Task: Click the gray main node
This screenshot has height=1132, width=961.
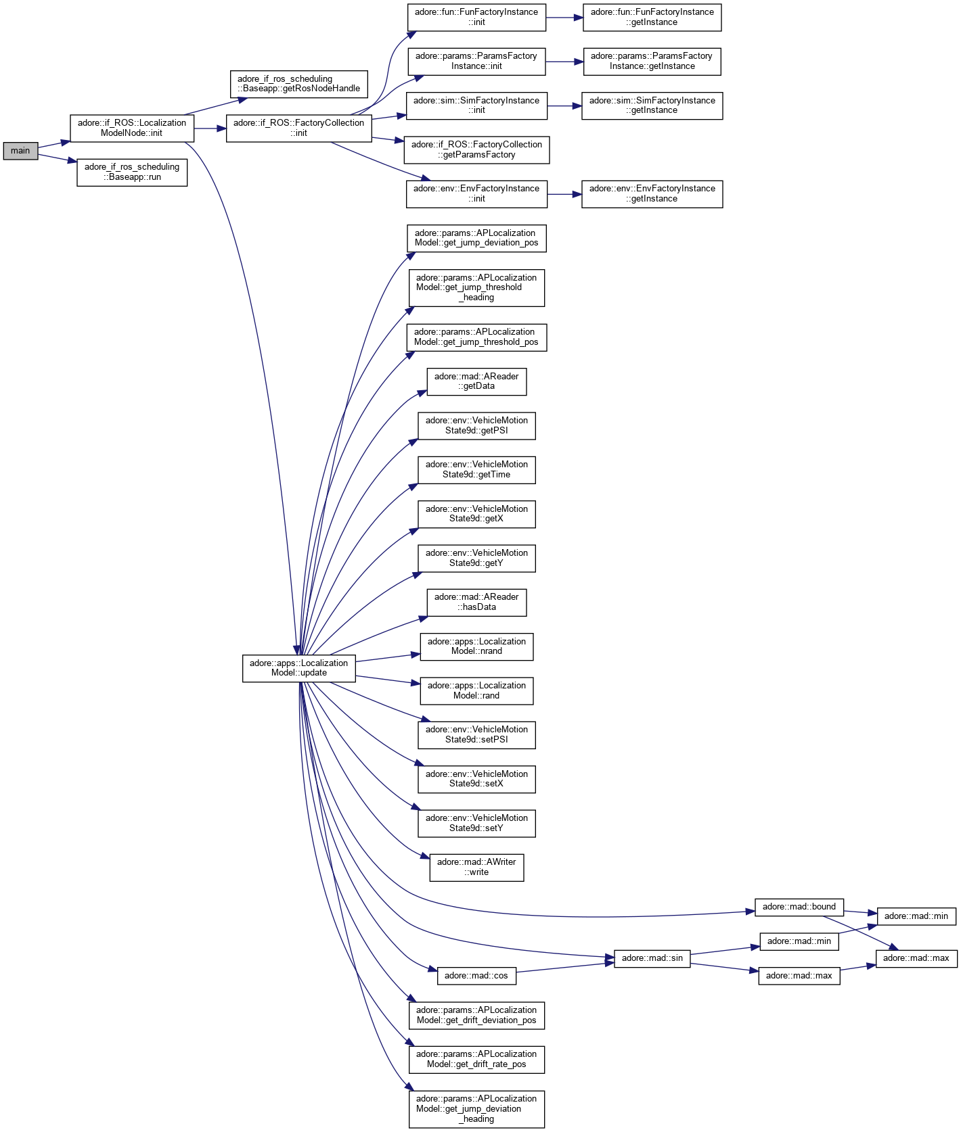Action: (x=20, y=151)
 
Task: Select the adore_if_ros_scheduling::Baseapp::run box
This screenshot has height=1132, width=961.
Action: (x=132, y=172)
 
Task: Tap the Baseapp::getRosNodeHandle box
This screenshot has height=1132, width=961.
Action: (x=298, y=84)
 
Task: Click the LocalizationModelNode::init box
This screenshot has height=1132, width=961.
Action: (x=132, y=128)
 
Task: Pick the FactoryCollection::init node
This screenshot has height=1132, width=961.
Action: (x=298, y=128)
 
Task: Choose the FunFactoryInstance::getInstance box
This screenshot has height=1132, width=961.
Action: (x=652, y=18)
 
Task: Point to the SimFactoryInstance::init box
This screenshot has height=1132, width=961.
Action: (x=476, y=105)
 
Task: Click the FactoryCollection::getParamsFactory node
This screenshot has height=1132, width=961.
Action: (x=476, y=149)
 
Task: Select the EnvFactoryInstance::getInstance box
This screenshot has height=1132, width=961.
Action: (x=652, y=193)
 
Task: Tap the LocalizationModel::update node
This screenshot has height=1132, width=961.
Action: (x=298, y=668)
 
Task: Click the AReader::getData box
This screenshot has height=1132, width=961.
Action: (x=476, y=381)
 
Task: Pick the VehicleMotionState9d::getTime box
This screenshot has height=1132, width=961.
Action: (x=476, y=470)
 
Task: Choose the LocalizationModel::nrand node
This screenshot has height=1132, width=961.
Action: (x=476, y=646)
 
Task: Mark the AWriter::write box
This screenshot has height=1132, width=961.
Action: (x=476, y=868)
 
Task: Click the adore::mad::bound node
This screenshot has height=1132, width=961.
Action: (x=799, y=907)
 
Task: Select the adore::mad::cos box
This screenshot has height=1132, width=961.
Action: (x=476, y=976)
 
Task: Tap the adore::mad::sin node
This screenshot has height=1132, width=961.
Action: (x=652, y=958)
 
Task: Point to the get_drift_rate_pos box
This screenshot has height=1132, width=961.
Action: (x=476, y=1059)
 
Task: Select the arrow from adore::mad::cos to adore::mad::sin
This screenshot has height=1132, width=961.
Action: (x=565, y=968)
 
